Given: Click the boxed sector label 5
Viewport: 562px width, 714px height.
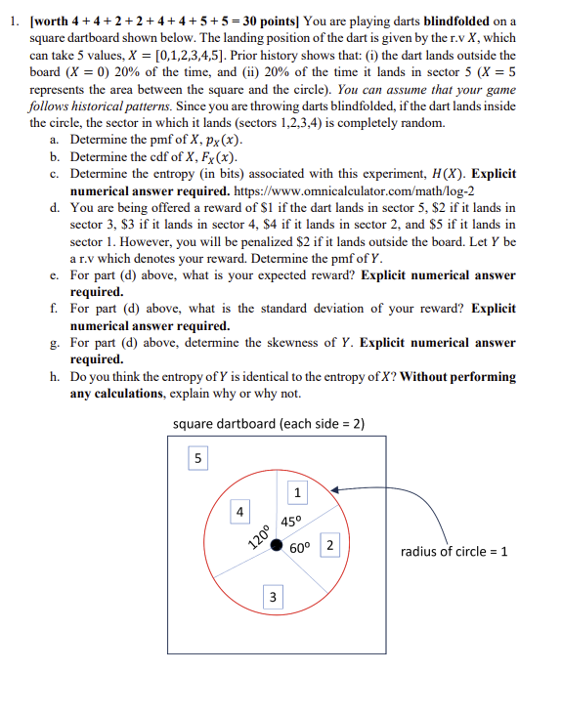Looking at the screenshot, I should [x=198, y=457].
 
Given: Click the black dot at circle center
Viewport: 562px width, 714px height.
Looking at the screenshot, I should [x=278, y=545].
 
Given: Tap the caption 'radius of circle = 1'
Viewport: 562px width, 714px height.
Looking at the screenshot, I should [x=454, y=552].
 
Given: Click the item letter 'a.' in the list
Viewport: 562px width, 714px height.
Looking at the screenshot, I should [x=54, y=140].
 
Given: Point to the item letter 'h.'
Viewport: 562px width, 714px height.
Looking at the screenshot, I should [x=54, y=377].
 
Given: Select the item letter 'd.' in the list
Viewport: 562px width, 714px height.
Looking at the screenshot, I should [x=54, y=208].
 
